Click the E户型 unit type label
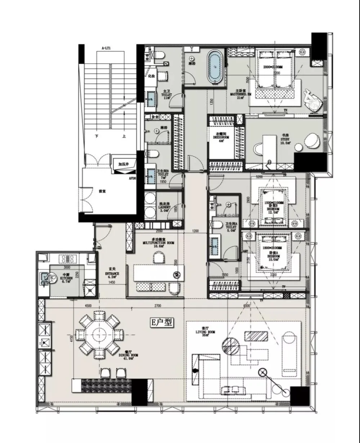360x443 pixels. click(162, 323)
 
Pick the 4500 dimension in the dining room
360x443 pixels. click(88, 305)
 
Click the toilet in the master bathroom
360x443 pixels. click(158, 55)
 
